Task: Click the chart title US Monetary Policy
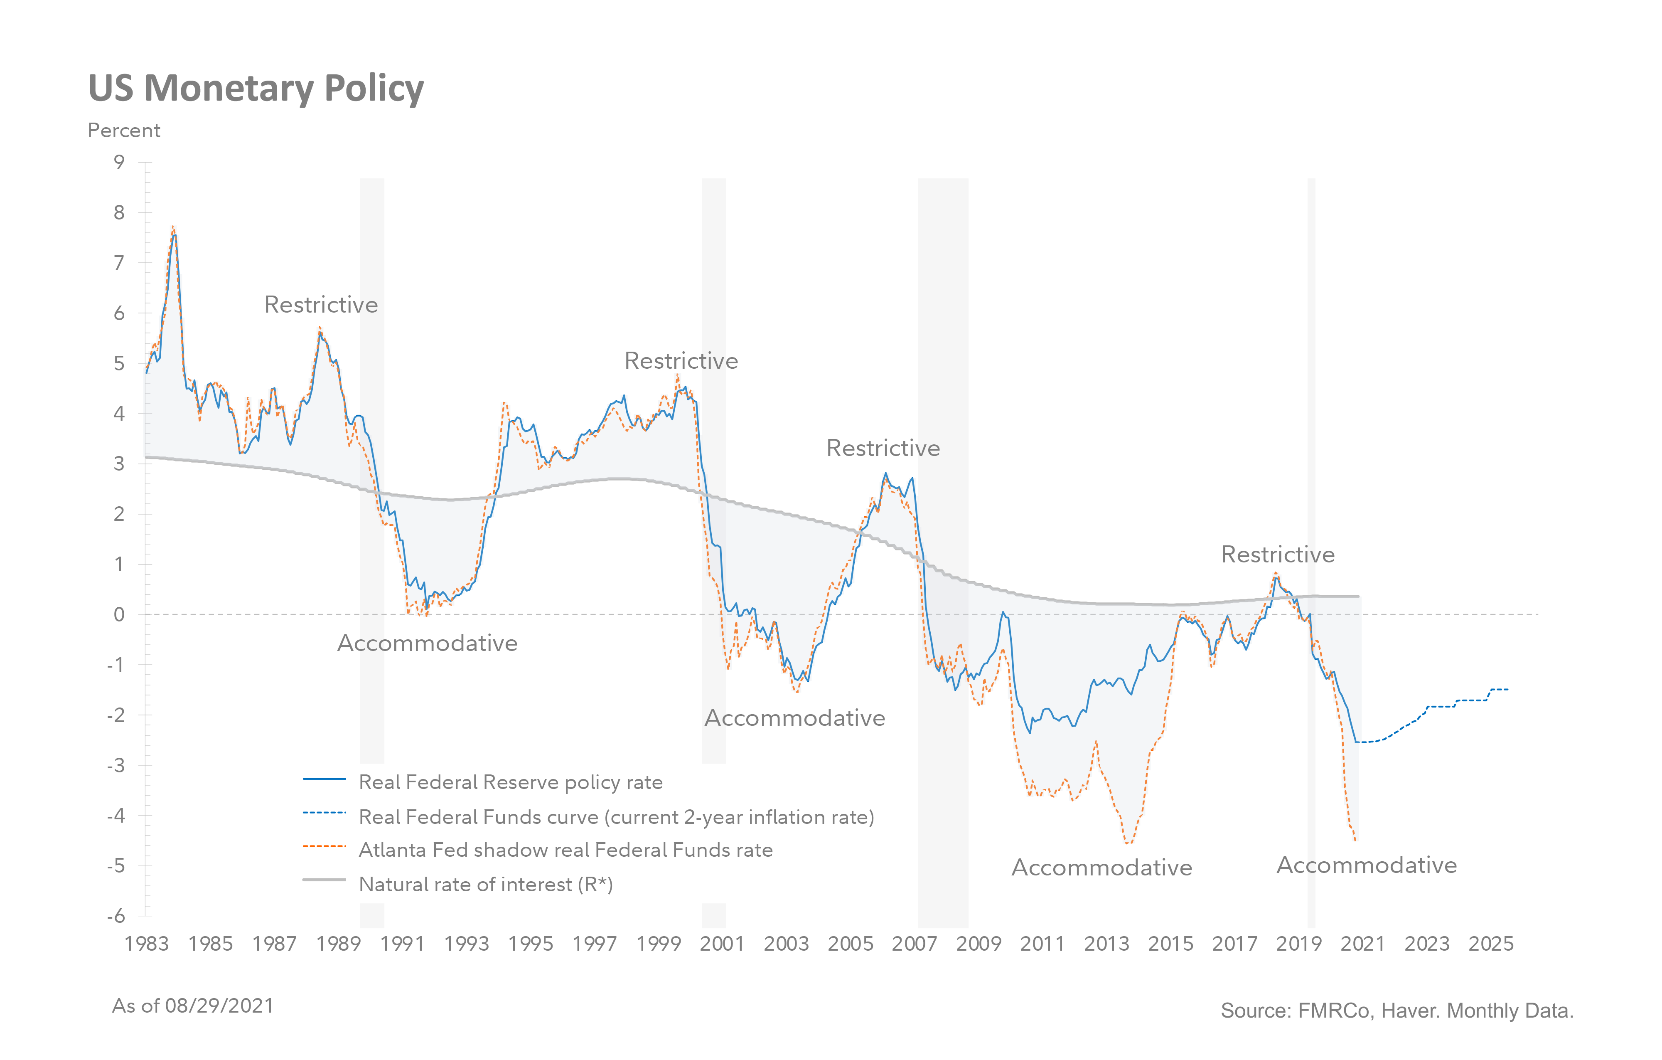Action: click(256, 89)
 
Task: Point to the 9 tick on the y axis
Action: click(119, 162)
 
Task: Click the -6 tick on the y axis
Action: click(116, 916)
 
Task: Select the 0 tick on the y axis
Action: click(119, 615)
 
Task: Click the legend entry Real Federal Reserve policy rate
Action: click(510, 782)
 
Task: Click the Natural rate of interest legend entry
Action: click(485, 885)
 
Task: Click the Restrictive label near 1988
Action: click(321, 305)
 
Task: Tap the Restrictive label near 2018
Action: click(1278, 555)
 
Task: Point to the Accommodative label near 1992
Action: click(427, 643)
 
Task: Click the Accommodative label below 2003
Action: click(794, 718)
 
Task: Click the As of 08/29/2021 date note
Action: click(192, 1006)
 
